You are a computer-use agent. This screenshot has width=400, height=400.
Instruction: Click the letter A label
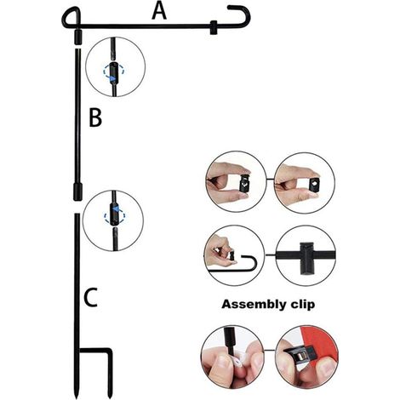(159, 11)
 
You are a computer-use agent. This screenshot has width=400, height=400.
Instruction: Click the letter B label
(95, 117)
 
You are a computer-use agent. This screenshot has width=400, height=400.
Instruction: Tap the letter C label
(91, 297)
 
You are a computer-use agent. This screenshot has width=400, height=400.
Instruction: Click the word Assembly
(250, 305)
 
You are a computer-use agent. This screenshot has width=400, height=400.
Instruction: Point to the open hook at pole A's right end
(241, 15)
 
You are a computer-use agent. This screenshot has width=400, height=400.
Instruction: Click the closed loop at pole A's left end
(71, 18)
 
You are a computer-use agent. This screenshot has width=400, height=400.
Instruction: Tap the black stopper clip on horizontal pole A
(214, 27)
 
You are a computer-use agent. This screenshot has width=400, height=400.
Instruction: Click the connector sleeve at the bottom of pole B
(77, 191)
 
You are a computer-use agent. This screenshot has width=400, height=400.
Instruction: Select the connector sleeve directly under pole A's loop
(77, 37)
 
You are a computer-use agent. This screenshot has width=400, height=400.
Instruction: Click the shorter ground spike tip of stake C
(110, 394)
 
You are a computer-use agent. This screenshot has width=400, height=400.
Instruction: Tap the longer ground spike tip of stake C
(77, 394)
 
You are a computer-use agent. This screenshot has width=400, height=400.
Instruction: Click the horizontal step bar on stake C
(94, 351)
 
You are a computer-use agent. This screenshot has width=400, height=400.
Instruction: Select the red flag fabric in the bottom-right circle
(320, 343)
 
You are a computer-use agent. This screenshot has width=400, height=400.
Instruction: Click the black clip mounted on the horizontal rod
(306, 258)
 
